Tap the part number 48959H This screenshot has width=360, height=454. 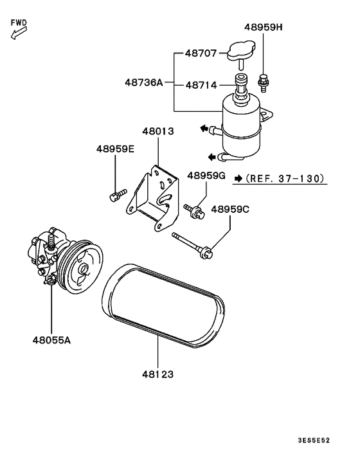(x=264, y=28)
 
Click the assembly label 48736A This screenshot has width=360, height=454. (x=144, y=82)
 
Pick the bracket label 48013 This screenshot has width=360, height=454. (x=158, y=131)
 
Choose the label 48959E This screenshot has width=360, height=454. (x=116, y=149)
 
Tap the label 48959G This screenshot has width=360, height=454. (x=206, y=175)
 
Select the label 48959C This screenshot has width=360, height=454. (x=230, y=209)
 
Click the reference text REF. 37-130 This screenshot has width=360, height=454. (x=286, y=178)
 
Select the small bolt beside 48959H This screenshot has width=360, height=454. (x=263, y=82)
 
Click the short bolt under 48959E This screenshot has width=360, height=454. (x=116, y=195)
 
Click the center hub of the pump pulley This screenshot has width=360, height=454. (x=83, y=269)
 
